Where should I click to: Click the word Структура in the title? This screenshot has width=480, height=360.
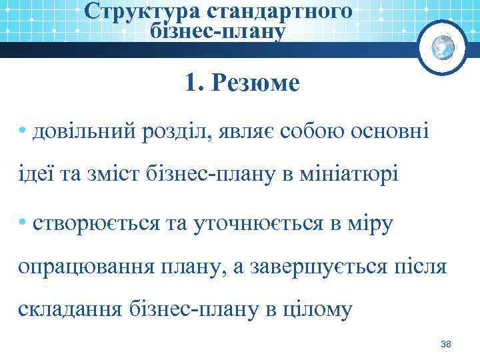pyautogui.click(x=127, y=11)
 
